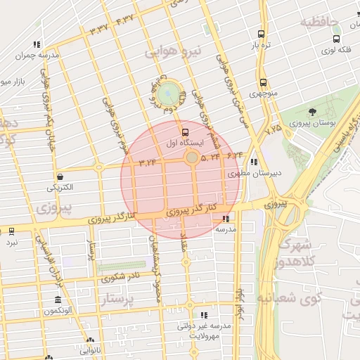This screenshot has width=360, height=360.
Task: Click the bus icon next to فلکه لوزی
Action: tap(336, 39)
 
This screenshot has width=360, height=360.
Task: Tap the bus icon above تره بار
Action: tap(262, 34)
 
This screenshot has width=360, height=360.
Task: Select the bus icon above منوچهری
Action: tap(263, 82)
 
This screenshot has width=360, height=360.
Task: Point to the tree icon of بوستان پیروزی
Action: tap(312, 111)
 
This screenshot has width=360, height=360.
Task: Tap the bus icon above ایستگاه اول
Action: tap(185, 131)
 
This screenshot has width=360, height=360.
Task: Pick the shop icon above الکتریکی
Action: tap(60, 176)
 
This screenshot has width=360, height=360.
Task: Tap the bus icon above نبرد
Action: tap(11, 231)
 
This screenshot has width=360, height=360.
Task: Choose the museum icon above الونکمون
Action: tap(57, 300)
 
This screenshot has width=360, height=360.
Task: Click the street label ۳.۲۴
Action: tap(147, 163)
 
